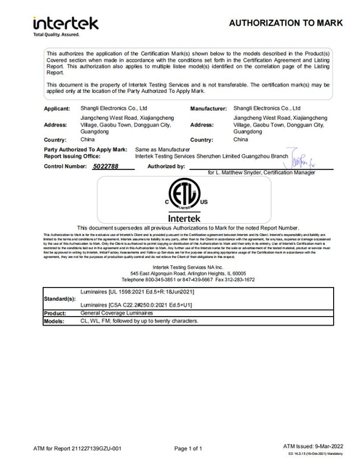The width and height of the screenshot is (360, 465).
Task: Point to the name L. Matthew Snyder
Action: [241, 174]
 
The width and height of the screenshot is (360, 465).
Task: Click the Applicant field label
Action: [57, 108]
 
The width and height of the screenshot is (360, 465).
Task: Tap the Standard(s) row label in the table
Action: [60, 298]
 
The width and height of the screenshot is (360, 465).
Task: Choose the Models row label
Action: [55, 320]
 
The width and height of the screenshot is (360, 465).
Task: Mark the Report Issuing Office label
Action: [73, 155]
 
